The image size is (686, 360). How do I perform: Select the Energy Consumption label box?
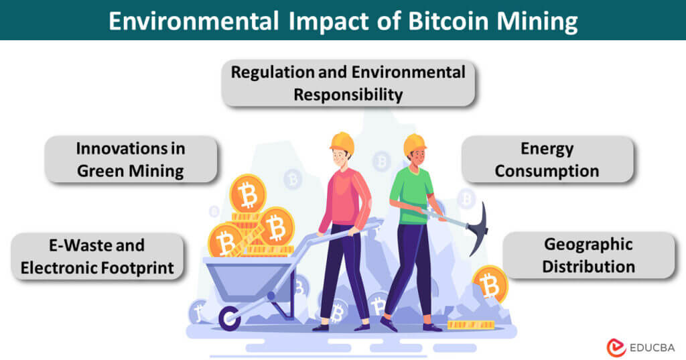547,160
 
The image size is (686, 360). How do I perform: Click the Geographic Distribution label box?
588,255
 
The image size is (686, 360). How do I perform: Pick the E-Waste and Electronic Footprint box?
97,256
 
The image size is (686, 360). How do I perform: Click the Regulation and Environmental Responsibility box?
348,83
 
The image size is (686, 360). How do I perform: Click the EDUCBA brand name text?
652,347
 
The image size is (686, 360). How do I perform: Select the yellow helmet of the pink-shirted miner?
342,141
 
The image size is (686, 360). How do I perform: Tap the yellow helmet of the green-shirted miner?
415,143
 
